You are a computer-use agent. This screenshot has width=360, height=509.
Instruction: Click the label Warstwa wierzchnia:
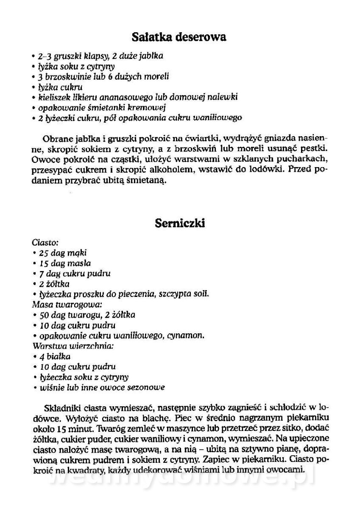[72, 346]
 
